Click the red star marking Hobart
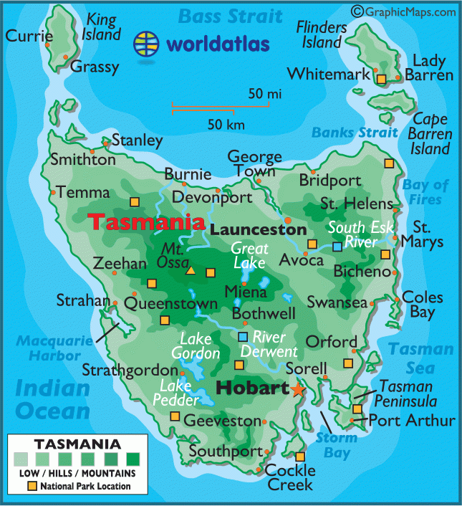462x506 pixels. (x=297, y=389)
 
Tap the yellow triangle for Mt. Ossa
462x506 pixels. (x=191, y=271)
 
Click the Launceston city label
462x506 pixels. (x=259, y=230)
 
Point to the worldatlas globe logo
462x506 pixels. (x=148, y=44)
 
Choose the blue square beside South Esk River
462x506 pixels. (x=337, y=247)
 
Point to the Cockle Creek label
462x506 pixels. (x=290, y=477)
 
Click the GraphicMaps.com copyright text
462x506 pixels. (x=403, y=11)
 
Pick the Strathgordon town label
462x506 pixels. (x=129, y=371)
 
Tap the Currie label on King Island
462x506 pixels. (x=29, y=36)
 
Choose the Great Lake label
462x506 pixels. (x=249, y=255)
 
